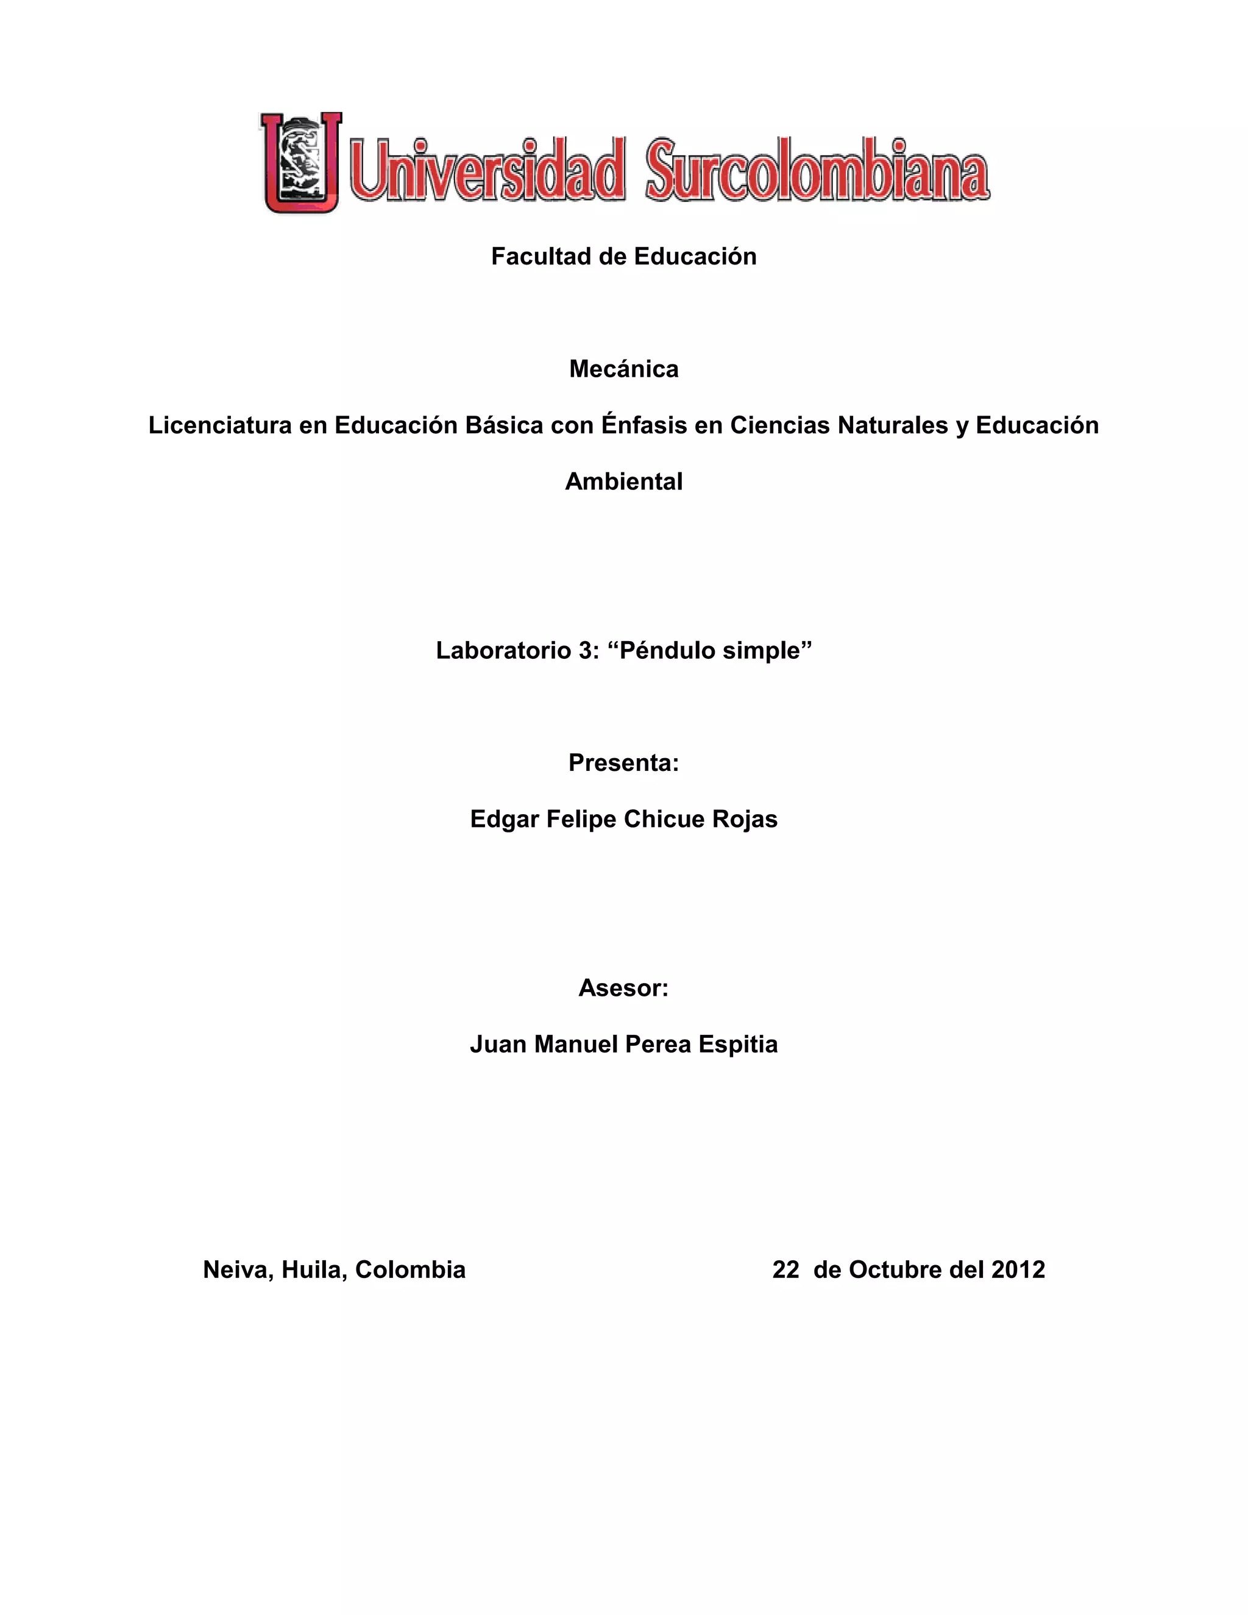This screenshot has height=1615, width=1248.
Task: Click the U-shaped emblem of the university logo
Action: [301, 163]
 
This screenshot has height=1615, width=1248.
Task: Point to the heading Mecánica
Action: [623, 369]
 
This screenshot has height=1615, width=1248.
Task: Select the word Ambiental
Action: [623, 481]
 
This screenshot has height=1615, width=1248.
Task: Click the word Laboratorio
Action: [503, 651]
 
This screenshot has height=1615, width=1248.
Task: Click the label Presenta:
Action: [623, 763]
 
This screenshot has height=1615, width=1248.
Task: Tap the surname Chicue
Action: [664, 819]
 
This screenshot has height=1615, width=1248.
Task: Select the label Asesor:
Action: [623, 988]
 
